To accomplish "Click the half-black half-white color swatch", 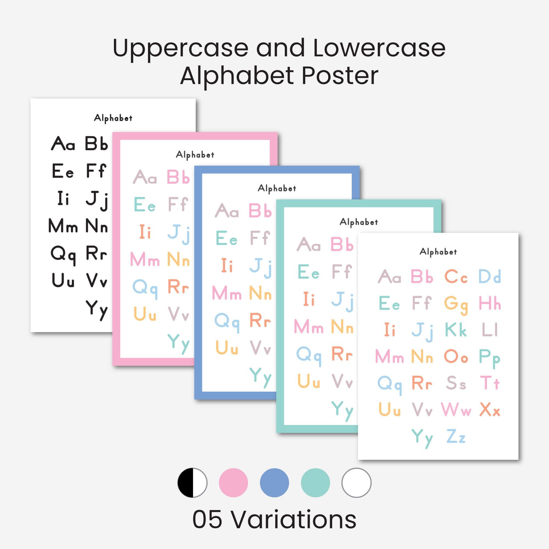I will click(192, 483).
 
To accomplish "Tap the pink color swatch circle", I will click(233, 483).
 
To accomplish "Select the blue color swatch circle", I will click(274, 483).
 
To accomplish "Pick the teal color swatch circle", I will click(315, 483).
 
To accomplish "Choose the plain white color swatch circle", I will click(356, 483).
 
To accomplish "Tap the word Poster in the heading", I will click(340, 76).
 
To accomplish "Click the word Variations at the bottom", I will click(294, 519).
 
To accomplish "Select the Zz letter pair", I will click(456, 436).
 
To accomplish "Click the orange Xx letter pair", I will click(490, 410).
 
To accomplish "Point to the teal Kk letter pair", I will click(456, 330).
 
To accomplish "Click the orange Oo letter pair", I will click(456, 356).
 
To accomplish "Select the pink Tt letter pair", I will click(490, 383).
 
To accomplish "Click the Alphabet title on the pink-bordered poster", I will click(195, 155).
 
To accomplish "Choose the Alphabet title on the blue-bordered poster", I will click(277, 188).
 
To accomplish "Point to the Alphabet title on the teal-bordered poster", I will click(358, 222).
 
